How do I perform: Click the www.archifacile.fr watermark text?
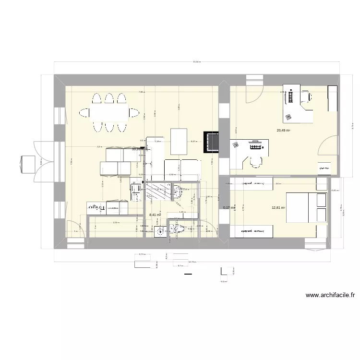click(333, 296)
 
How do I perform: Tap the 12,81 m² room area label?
click(278, 208)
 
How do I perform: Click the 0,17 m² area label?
click(230, 208)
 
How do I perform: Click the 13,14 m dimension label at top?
click(196, 62)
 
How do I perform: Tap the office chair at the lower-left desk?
click(254, 162)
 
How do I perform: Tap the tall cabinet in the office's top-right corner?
click(333, 98)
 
